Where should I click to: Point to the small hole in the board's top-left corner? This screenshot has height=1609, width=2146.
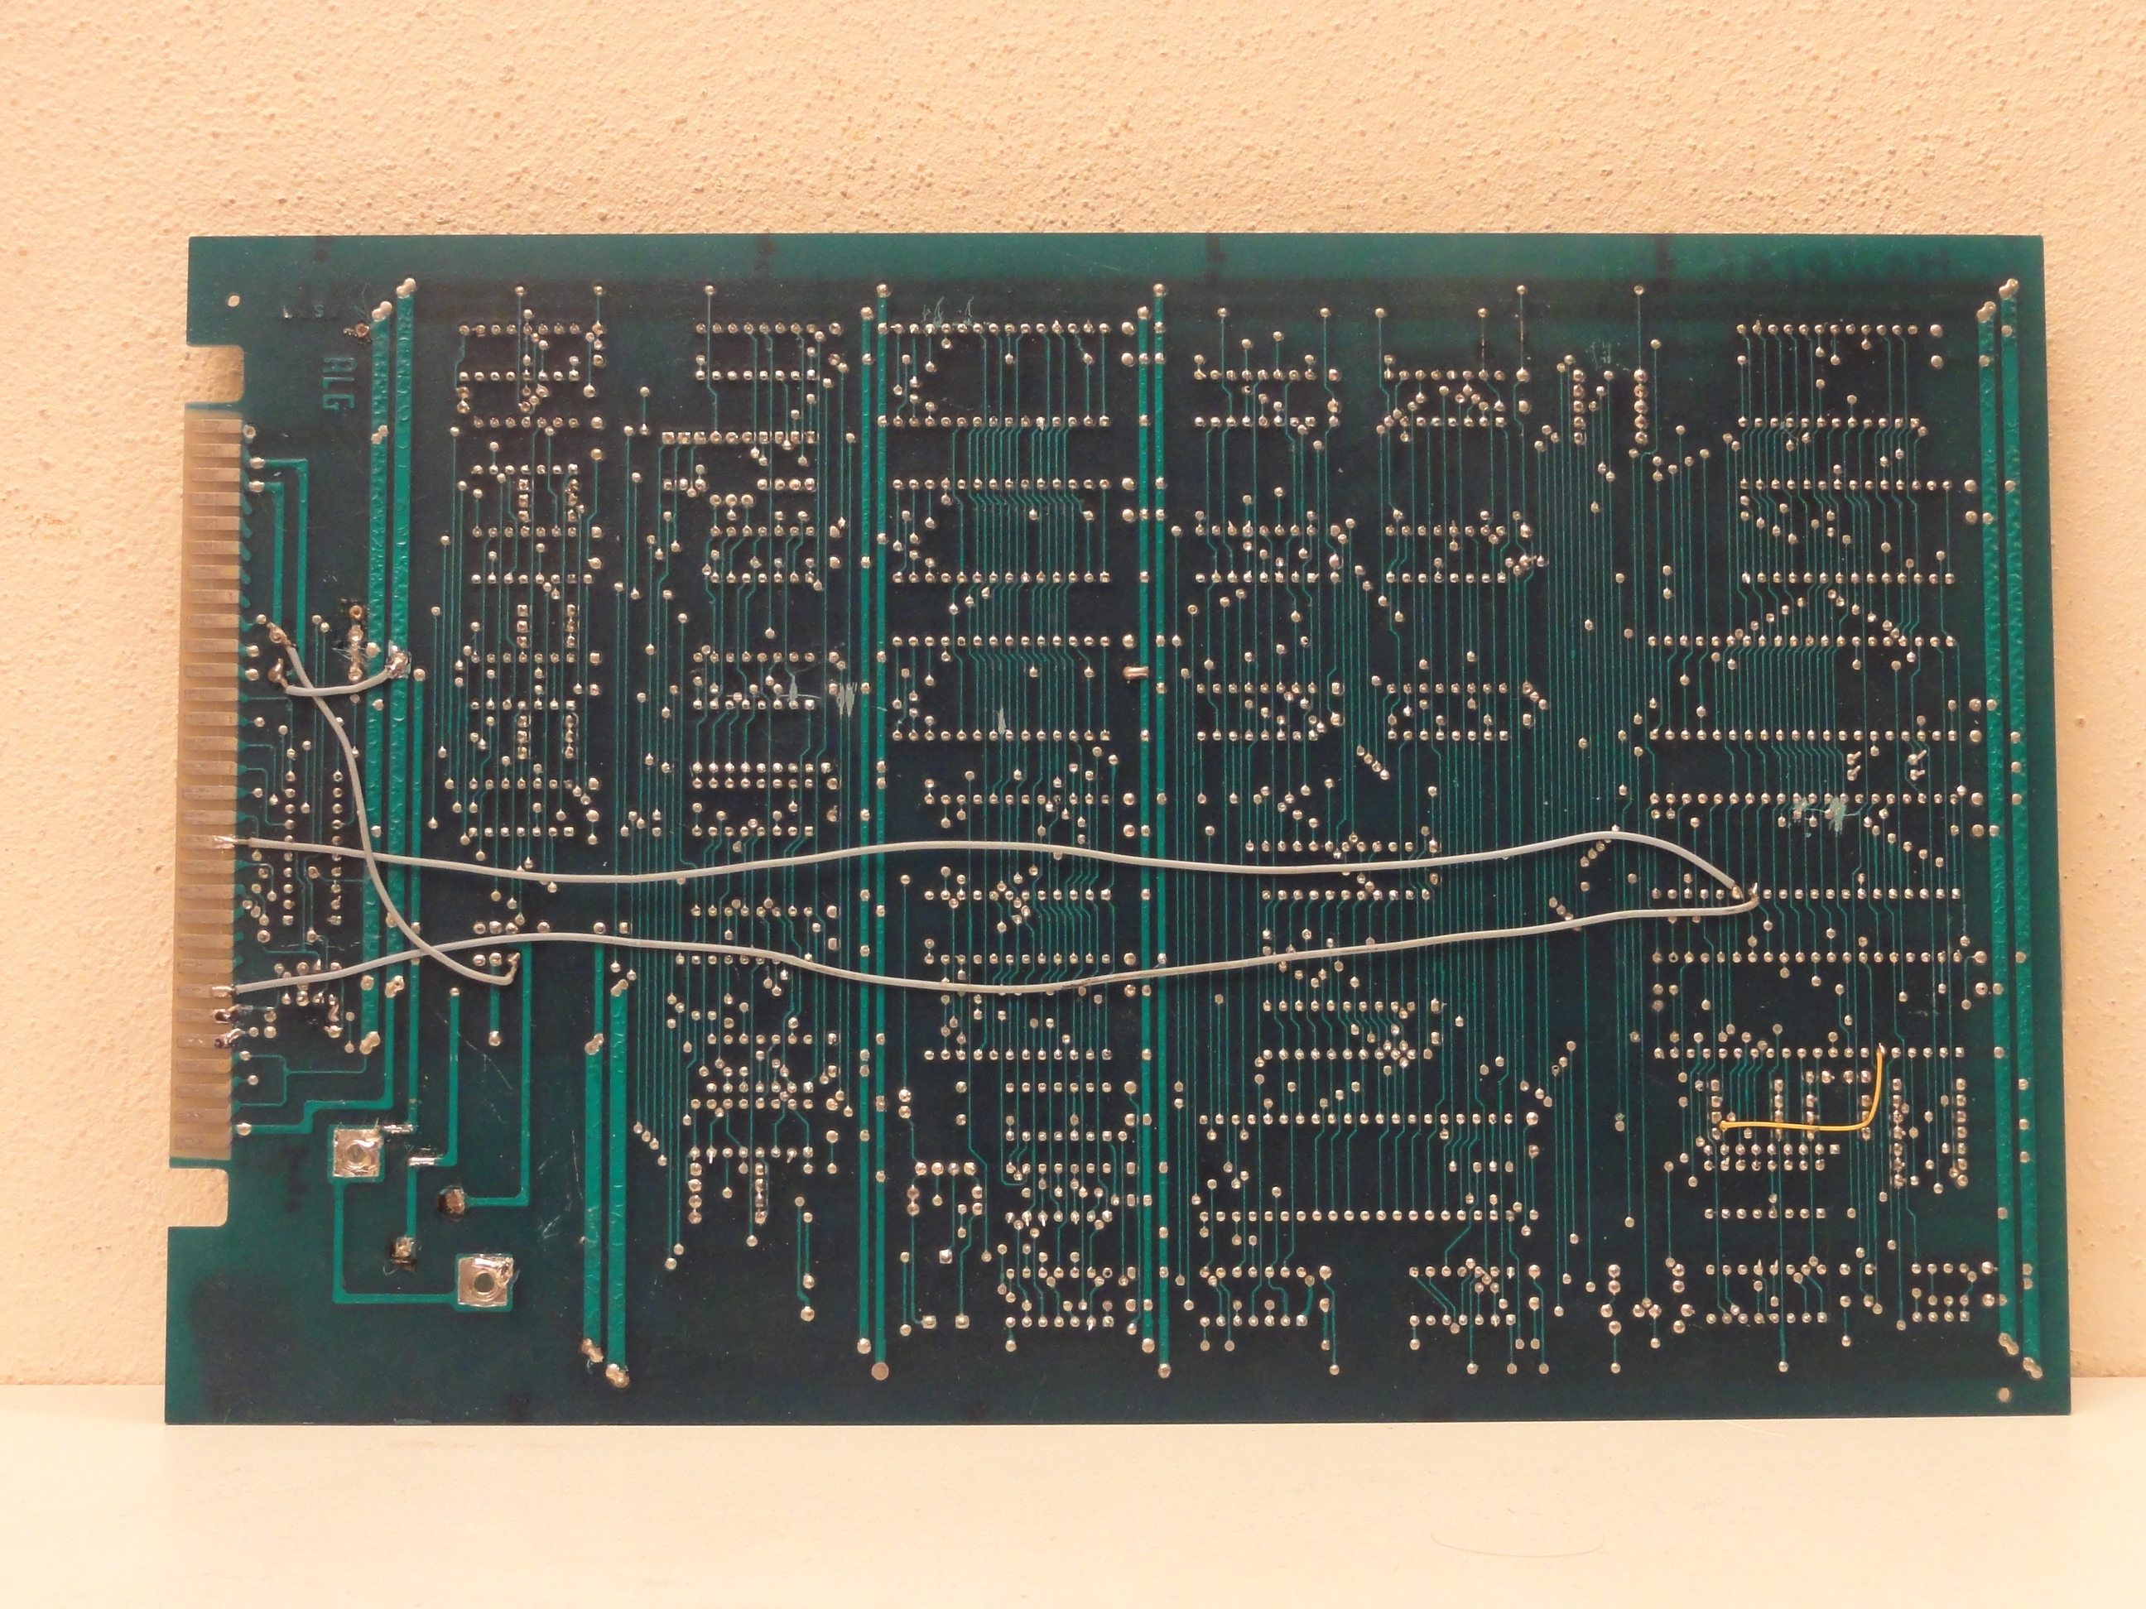(232, 300)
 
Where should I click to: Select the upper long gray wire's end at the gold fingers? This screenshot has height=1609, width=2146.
(225, 841)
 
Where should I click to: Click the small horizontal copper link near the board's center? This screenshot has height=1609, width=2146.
(1135, 670)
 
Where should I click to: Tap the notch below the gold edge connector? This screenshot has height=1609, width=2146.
(199, 1198)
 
